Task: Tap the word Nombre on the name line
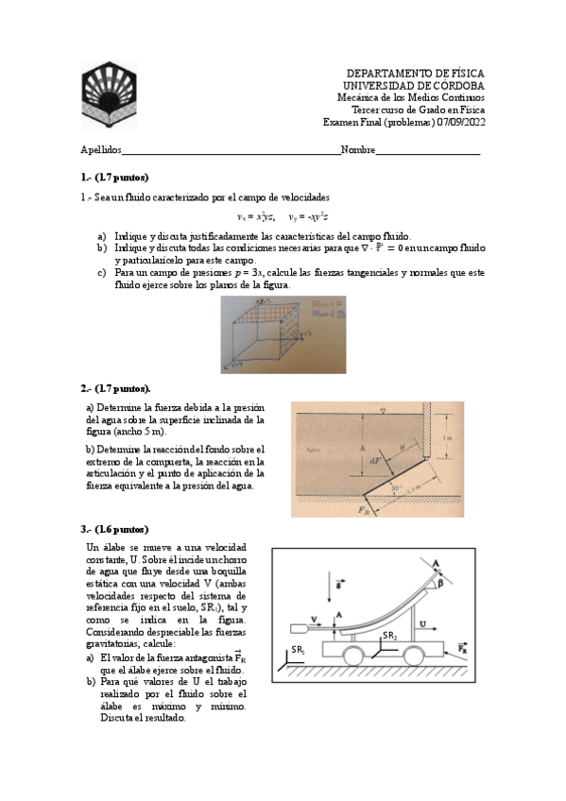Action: pos(358,150)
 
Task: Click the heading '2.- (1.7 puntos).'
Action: pos(115,387)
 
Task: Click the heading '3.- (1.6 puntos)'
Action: pos(114,529)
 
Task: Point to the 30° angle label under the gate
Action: pos(396,489)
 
